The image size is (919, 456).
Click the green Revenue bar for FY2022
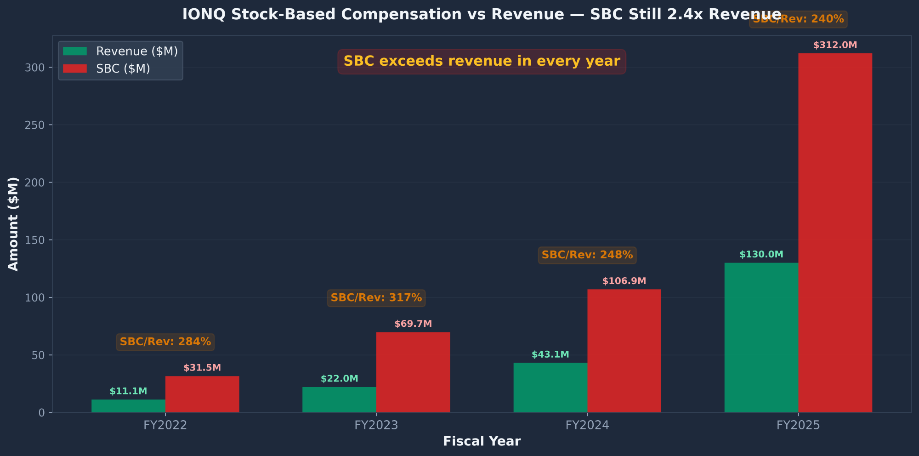click(128, 406)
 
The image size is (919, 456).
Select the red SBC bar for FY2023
click(413, 372)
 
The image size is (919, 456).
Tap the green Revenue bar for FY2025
click(761, 338)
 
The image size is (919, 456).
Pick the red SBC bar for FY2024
click(624, 351)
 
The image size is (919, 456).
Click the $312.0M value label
click(835, 46)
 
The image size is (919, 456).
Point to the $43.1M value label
click(550, 355)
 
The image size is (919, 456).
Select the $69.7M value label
click(413, 324)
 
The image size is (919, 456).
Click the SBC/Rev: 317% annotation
click(376, 298)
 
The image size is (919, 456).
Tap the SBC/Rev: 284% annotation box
click(165, 342)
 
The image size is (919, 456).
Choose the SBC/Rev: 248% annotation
click(587, 255)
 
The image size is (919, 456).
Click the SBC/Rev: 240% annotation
click(798, 19)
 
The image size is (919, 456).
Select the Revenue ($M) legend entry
click(136, 51)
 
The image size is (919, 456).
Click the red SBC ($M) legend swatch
click(75, 69)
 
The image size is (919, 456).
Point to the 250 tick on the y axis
click(38, 125)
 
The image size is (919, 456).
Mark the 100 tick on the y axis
click(38, 298)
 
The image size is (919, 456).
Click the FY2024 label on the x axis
click(587, 425)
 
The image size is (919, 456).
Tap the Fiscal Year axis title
click(482, 442)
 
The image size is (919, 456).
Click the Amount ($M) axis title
click(13, 224)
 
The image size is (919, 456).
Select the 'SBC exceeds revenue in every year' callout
click(482, 62)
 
